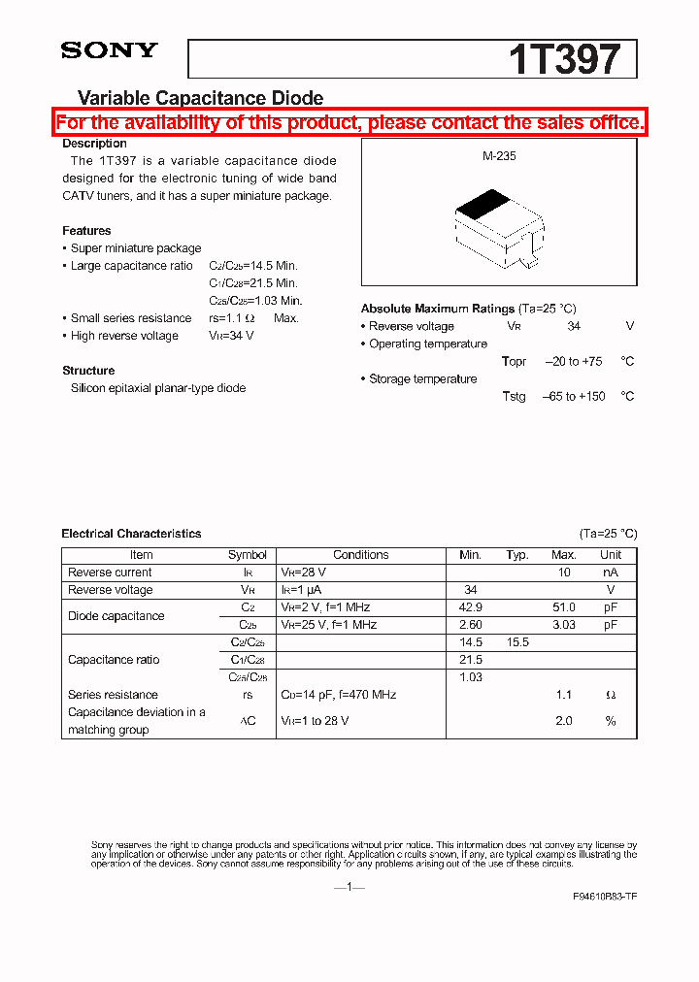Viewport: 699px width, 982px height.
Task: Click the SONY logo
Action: click(109, 51)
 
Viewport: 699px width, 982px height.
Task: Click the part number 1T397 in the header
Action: click(563, 60)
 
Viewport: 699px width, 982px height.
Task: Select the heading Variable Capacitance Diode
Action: click(200, 98)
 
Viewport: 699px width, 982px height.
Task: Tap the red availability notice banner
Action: click(349, 122)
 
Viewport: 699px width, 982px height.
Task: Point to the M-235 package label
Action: click(499, 155)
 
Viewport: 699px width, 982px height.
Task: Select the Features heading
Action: click(86, 231)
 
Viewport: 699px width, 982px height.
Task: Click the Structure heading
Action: click(88, 371)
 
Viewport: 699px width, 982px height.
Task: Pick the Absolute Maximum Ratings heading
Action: click(438, 309)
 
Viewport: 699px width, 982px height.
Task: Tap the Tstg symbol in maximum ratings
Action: click(514, 396)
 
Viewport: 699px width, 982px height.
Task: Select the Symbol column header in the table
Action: click(247, 555)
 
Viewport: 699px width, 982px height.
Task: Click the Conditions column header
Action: click(360, 555)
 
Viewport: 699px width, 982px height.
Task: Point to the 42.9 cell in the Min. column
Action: click(470, 607)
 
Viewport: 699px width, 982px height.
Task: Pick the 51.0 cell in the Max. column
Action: click(563, 607)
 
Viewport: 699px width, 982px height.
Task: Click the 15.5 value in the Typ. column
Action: click(516, 642)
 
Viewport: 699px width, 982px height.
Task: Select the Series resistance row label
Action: click(113, 695)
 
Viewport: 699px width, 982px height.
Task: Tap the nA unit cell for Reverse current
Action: click(610, 573)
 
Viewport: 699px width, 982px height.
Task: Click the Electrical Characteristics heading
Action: click(131, 534)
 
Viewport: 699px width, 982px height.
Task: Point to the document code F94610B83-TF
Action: click(605, 897)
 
